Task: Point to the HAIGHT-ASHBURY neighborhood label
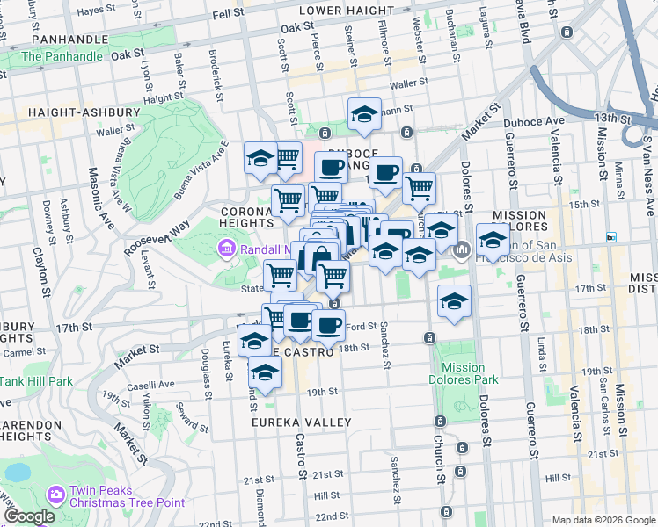coord(84,112)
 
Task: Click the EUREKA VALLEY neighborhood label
coord(302,422)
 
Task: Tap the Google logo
coord(29,516)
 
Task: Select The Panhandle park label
coord(62,56)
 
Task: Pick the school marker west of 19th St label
coord(265,372)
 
